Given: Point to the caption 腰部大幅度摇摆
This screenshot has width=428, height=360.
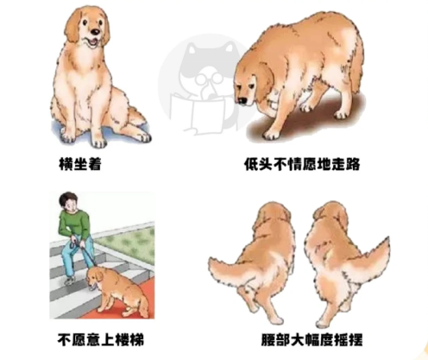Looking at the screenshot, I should point(301,338).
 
